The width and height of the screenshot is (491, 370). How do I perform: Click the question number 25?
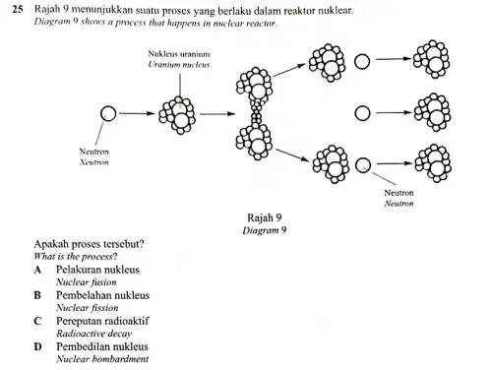(18, 9)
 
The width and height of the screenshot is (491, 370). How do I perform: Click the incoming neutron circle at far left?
(108, 113)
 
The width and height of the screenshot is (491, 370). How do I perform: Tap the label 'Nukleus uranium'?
(179, 54)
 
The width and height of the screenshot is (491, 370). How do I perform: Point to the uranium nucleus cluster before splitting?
(177, 115)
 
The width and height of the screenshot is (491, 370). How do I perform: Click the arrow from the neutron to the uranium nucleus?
(137, 113)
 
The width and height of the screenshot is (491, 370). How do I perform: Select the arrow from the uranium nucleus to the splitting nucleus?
(217, 114)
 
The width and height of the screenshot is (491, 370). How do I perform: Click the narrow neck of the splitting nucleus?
(257, 114)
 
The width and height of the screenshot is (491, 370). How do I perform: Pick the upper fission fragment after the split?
(327, 63)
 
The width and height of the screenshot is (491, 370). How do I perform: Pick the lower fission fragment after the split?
(331, 164)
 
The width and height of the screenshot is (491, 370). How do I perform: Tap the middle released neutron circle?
(362, 113)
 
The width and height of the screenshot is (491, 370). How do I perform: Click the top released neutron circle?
(362, 62)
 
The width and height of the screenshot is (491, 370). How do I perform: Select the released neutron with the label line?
(363, 165)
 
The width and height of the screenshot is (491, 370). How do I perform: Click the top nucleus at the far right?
(431, 59)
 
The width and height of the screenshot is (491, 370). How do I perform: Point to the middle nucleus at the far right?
(432, 112)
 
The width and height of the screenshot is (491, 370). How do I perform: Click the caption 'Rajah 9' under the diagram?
(265, 217)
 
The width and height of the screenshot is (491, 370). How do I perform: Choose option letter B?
(37, 295)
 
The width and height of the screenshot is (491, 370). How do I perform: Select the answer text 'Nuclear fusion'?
(87, 282)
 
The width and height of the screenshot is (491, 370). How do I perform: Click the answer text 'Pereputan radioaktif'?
(102, 321)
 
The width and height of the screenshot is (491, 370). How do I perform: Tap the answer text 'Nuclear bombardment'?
(102, 359)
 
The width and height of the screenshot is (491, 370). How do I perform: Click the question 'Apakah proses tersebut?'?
(89, 244)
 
